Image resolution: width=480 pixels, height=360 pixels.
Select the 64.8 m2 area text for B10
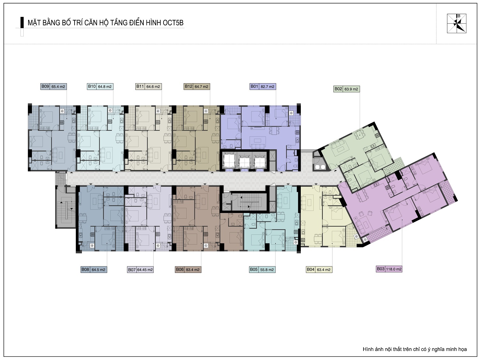tap(105, 87)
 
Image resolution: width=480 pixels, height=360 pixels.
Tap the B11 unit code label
tap(140, 86)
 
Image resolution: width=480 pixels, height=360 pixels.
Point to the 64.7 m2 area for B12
tap(201, 87)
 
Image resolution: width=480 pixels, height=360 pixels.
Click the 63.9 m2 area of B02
tap(351, 89)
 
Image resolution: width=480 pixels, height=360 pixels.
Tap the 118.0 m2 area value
tap(394, 269)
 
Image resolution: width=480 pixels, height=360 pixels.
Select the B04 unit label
tap(310, 269)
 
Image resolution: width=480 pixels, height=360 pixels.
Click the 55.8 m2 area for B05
tap(267, 270)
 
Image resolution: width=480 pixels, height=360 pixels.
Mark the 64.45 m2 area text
tap(145, 270)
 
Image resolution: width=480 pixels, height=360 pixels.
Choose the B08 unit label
tap(85, 269)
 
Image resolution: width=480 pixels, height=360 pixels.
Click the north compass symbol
tap(457, 23)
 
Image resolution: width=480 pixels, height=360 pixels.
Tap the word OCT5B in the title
tap(173, 23)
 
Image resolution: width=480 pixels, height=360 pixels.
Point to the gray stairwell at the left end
tap(66, 207)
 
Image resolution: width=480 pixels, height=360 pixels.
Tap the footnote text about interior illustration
tap(415, 349)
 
